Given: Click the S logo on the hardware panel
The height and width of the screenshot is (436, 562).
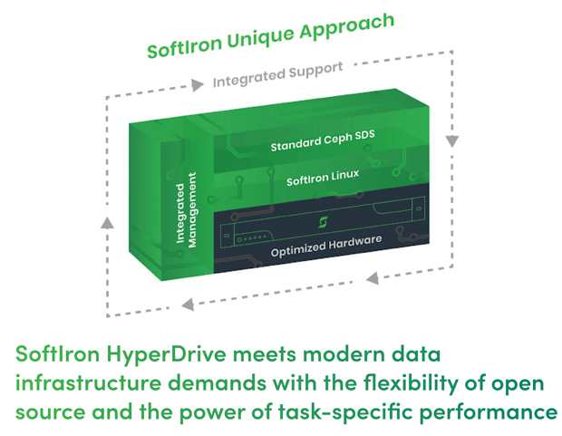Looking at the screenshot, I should tap(322, 221).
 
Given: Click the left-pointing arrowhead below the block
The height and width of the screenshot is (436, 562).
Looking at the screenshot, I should tap(186, 304).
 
